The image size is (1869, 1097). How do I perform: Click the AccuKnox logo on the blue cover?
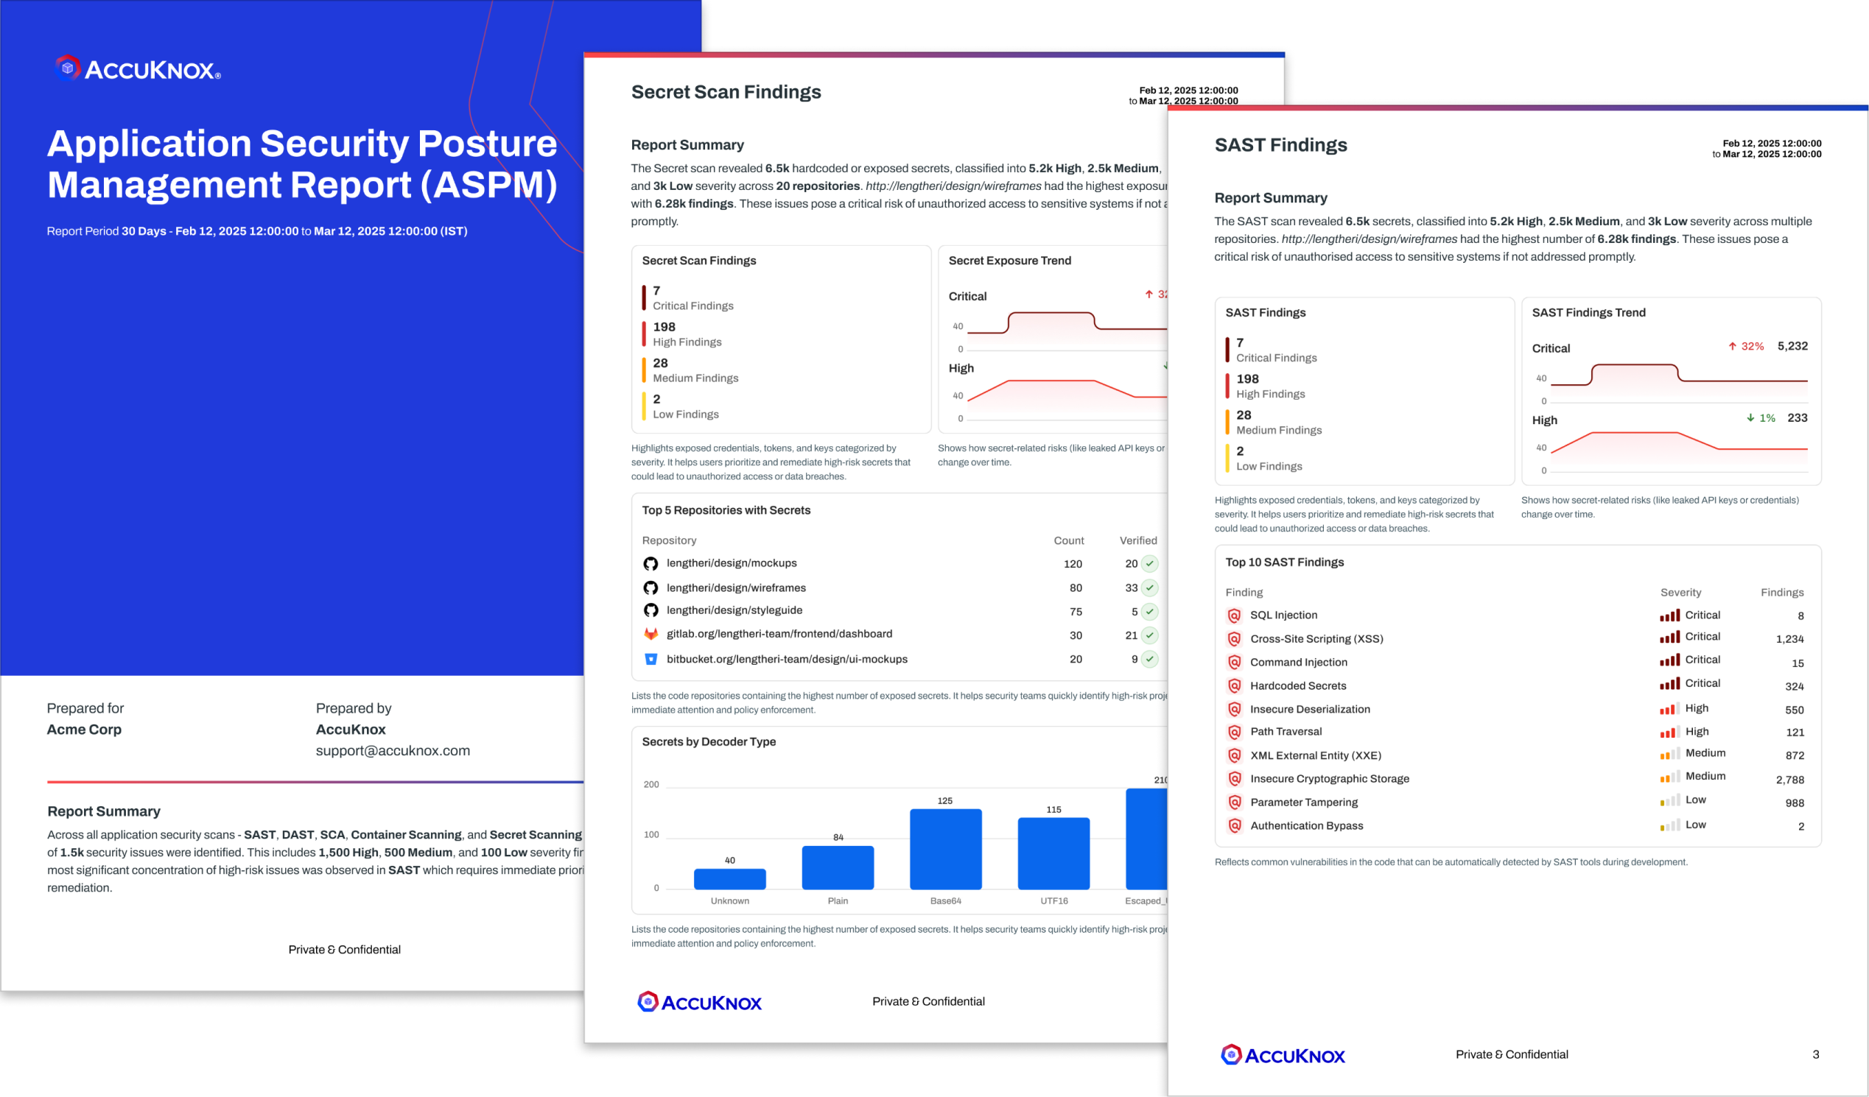pos(138,69)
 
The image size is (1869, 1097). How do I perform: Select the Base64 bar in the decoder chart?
pos(946,849)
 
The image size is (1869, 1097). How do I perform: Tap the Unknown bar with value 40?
pos(730,878)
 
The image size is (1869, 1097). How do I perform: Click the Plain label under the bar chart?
pos(838,900)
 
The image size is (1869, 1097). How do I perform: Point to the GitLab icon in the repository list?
pos(651,635)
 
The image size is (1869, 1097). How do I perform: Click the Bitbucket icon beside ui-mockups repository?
pos(651,659)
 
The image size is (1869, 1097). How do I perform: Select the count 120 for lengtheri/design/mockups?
pos(1073,564)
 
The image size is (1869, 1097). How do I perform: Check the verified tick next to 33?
pos(1149,588)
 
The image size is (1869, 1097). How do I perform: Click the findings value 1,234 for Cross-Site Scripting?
pos(1789,639)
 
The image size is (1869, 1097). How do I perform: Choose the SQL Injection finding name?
pos(1283,615)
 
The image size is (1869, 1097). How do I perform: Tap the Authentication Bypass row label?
pos(1306,826)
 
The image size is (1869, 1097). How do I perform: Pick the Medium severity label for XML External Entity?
pos(1705,753)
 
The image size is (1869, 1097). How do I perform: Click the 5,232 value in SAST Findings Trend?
pos(1792,346)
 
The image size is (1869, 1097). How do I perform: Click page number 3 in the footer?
pos(1816,1054)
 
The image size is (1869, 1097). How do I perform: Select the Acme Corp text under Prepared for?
pos(84,730)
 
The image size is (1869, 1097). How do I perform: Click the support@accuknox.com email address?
pos(393,751)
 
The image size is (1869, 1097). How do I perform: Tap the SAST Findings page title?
pos(1280,145)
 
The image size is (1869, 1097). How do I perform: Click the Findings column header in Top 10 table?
pos(1781,592)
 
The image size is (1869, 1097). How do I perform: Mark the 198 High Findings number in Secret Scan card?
pos(664,327)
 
